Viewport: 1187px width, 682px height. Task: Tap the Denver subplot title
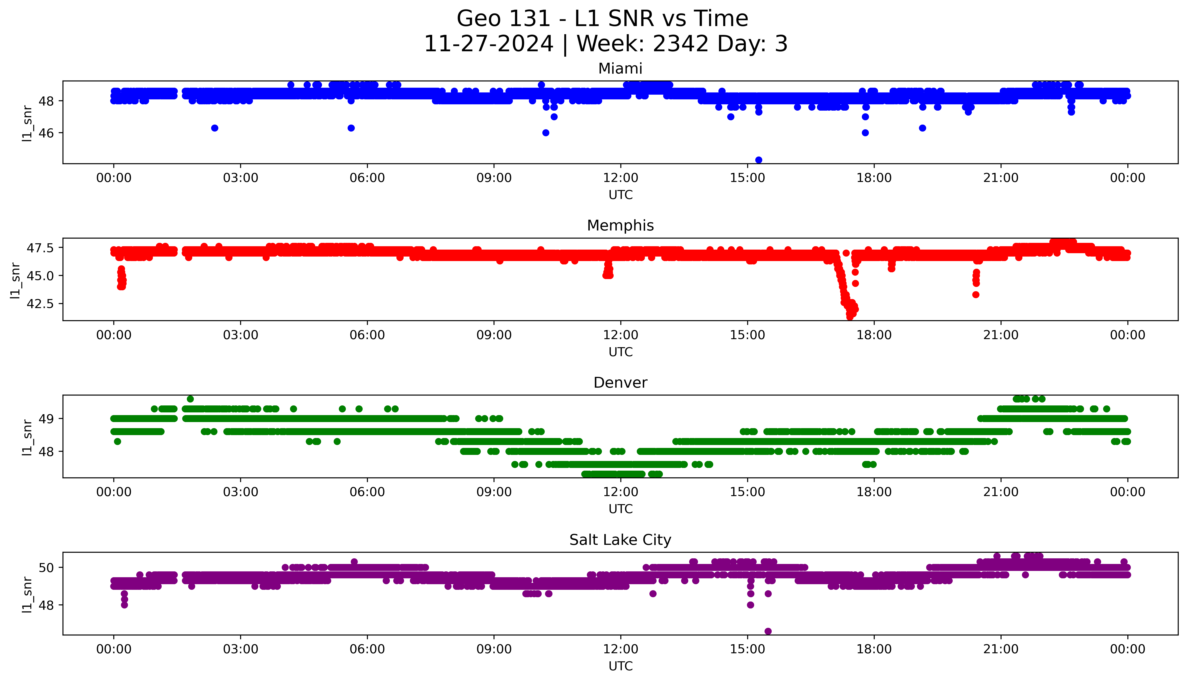tap(620, 383)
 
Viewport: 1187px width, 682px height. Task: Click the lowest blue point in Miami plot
tap(759, 160)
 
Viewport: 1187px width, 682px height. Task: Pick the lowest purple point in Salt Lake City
tap(768, 631)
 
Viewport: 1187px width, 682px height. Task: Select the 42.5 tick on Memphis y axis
tap(40, 304)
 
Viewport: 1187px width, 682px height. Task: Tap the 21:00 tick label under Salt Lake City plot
tap(1001, 649)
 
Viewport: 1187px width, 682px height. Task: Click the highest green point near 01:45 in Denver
tap(190, 399)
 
